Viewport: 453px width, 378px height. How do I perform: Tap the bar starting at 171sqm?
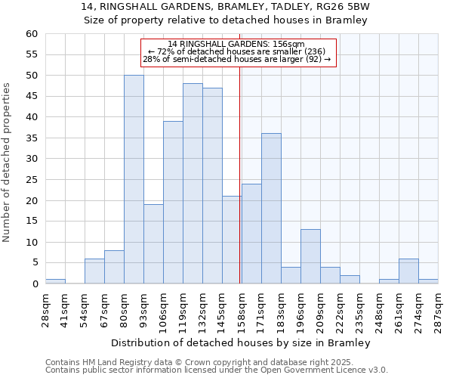[271, 209]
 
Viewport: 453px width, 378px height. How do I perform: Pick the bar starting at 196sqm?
[310, 256]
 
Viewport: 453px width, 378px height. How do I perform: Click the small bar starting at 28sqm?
[55, 281]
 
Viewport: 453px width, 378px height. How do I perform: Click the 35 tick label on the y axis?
[31, 138]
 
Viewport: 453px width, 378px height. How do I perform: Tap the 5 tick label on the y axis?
[34, 263]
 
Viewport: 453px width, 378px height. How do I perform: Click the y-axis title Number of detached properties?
[8, 163]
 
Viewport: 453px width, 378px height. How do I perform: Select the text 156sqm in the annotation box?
[289, 45]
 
